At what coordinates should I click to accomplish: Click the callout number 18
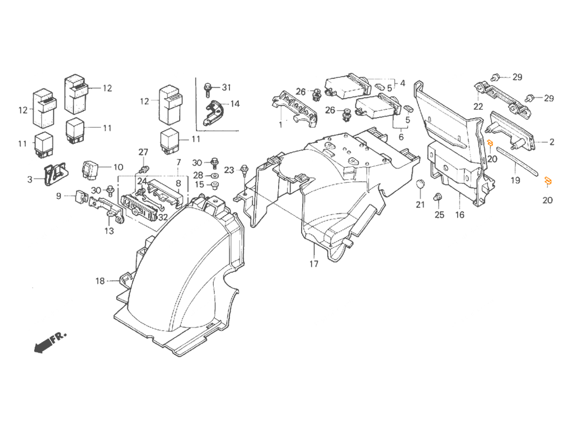click(100, 281)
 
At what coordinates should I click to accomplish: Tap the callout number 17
click(314, 264)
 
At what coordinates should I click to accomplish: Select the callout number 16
click(459, 215)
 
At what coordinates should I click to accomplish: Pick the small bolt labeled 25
click(436, 197)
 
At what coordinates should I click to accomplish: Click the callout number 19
click(515, 180)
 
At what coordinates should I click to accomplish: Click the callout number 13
click(109, 231)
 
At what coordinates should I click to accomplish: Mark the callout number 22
click(478, 107)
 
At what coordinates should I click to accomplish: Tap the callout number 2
click(551, 142)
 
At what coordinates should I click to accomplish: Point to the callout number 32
click(163, 217)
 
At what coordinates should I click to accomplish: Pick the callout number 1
click(281, 125)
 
